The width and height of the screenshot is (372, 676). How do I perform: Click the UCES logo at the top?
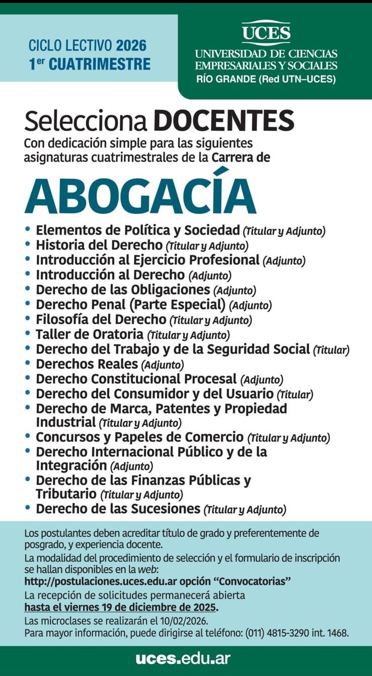266,33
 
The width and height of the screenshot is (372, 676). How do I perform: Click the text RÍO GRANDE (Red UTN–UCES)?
266,79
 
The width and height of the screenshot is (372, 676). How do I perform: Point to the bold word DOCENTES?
224,121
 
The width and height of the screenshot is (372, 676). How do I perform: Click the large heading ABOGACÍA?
140,196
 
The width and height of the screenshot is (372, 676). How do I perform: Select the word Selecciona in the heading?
86,121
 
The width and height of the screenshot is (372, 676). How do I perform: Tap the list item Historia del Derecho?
99,246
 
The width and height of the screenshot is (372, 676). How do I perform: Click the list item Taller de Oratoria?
90,334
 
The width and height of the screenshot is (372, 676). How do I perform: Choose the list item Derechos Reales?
87,363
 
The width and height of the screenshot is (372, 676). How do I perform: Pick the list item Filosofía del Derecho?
101,319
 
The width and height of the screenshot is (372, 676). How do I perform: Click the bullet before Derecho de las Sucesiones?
28,508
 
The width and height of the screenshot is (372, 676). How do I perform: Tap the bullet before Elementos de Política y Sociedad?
28,230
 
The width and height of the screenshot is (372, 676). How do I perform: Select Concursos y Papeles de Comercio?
139,437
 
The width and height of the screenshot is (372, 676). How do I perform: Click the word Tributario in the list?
65,494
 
